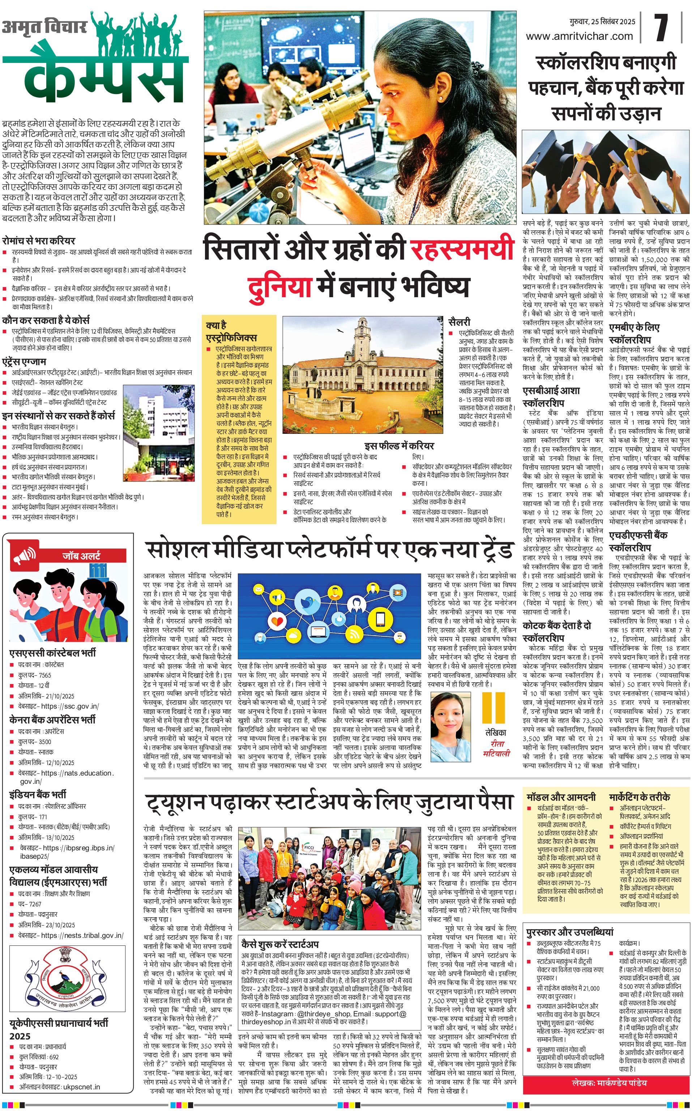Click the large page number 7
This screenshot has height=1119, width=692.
click(x=661, y=28)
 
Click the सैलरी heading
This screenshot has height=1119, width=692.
click(x=459, y=322)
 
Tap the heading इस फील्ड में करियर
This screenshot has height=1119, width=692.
click(x=399, y=446)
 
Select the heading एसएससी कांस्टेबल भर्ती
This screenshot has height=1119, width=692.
click(x=53, y=653)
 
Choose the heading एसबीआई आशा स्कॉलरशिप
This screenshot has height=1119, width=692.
click(x=551, y=396)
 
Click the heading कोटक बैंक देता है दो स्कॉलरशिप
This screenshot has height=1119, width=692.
click(x=556, y=631)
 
